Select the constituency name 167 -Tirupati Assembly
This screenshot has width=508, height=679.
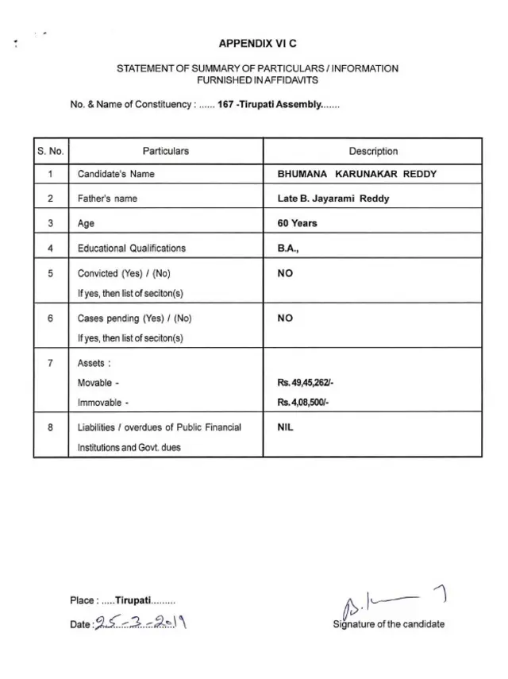[269, 104]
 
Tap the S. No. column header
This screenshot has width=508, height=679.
[50, 151]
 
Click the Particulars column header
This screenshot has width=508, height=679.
[165, 151]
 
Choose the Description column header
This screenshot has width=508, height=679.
[373, 151]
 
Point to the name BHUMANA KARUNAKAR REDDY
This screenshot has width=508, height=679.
[356, 174]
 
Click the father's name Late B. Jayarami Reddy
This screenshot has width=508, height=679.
[333, 199]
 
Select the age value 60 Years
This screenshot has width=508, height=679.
[297, 223]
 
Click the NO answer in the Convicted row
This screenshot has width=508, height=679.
[285, 273]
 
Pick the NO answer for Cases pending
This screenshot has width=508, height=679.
[285, 318]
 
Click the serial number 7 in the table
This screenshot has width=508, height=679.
[50, 363]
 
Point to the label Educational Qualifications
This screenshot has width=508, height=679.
[132, 248]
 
